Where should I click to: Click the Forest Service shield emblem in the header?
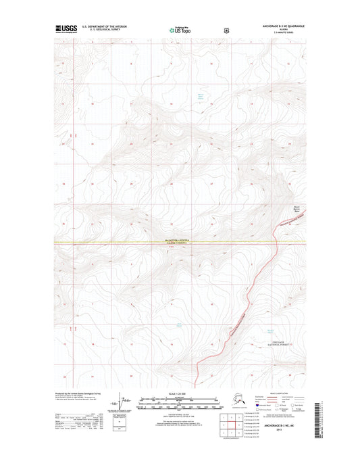coord(226,30)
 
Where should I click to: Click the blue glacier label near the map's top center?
coord(199,96)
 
